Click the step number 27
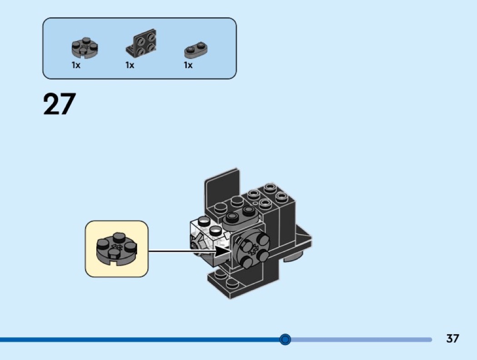(x=59, y=104)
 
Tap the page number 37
(x=452, y=339)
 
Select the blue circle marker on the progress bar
(x=285, y=339)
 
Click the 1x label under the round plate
(x=76, y=65)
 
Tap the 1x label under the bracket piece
(x=130, y=65)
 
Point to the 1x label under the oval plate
(x=188, y=65)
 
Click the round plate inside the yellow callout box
(x=117, y=248)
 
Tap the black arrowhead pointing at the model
(x=223, y=251)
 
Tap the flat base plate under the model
(x=232, y=284)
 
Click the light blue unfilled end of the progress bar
(x=363, y=339)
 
